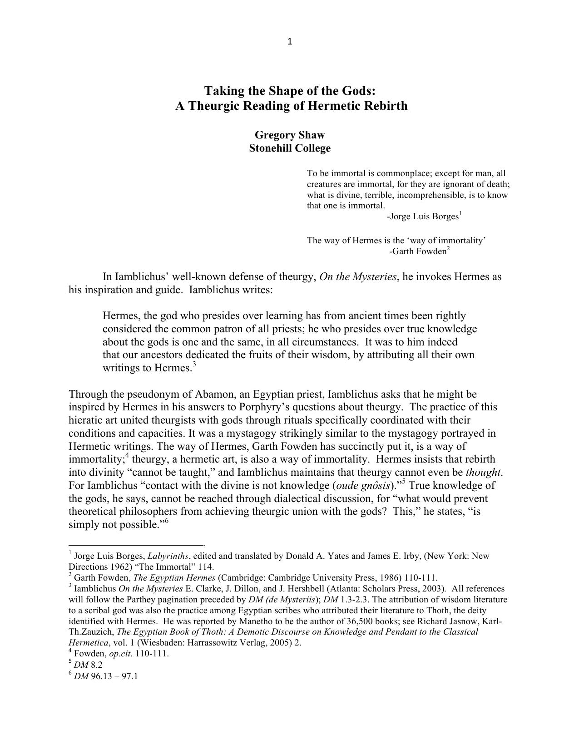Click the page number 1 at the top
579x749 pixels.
click(290, 42)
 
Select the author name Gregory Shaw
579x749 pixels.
click(290, 135)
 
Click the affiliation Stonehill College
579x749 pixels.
click(290, 148)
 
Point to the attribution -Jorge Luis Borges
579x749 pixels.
click(423, 217)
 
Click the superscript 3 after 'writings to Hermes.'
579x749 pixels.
click(194, 364)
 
